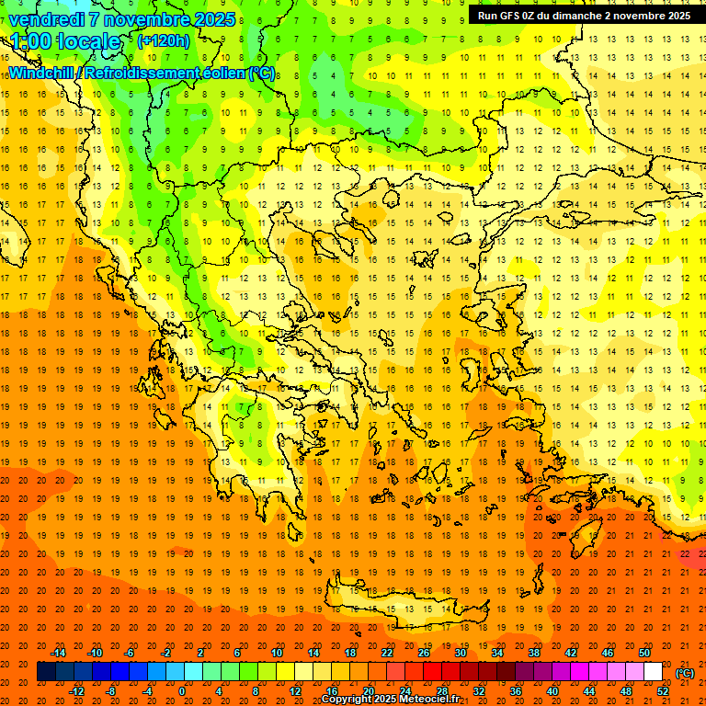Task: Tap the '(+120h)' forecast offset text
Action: (x=164, y=40)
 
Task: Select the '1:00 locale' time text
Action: (x=65, y=41)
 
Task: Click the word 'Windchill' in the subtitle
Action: (x=42, y=73)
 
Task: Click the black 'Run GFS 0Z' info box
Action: (x=584, y=15)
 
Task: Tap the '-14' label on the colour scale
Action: (x=59, y=652)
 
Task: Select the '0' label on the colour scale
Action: (x=181, y=691)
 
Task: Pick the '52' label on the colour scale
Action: (x=663, y=691)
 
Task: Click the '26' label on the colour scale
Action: (x=425, y=652)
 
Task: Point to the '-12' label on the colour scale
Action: (x=77, y=691)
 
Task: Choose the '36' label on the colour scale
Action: (x=515, y=691)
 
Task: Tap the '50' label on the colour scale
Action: (x=644, y=652)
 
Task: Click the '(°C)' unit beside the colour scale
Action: (x=685, y=672)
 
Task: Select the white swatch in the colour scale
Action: (x=653, y=672)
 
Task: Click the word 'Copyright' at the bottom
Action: (x=350, y=700)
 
